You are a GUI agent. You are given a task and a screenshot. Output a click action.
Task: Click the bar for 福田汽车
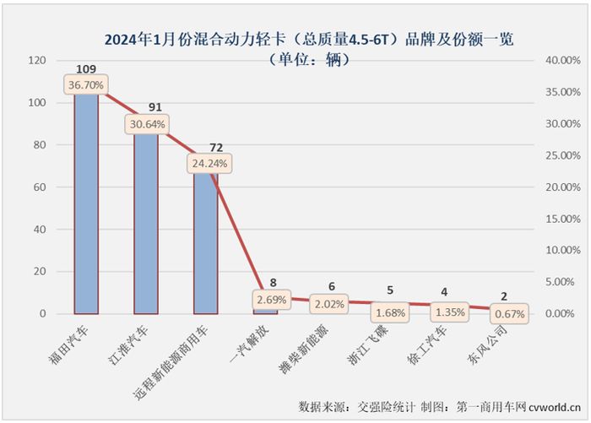point(87,203)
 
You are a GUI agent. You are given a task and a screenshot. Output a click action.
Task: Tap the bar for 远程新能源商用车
point(205,245)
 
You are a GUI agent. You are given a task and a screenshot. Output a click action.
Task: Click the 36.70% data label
point(87,85)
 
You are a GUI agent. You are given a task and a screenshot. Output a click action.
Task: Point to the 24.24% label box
point(206,163)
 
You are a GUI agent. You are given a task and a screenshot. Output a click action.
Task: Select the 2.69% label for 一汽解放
point(270,299)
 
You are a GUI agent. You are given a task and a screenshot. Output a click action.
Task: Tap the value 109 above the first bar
point(86,68)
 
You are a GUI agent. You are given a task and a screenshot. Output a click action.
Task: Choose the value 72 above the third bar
point(205,146)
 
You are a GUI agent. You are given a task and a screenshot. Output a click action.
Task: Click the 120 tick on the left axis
point(36,61)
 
